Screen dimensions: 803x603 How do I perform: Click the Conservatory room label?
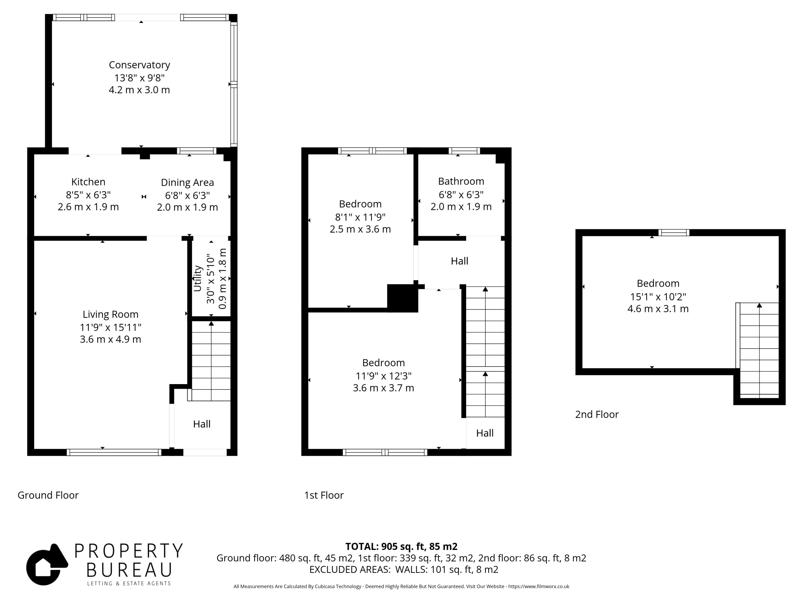click(139, 65)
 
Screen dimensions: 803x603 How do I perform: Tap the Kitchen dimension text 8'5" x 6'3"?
click(88, 195)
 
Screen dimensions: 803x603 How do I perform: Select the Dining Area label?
click(187, 182)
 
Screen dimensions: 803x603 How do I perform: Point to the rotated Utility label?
click(198, 279)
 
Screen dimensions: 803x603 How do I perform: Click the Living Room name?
click(110, 314)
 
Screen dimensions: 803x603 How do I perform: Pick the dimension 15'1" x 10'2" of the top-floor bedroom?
click(658, 296)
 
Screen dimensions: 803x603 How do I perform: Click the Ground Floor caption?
click(48, 495)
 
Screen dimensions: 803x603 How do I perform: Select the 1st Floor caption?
click(324, 495)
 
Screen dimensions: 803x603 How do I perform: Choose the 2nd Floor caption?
click(597, 414)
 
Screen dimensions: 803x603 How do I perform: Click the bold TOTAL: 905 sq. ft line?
click(401, 546)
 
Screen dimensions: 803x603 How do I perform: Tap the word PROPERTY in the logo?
click(129, 551)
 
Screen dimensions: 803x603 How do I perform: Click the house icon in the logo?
click(46, 564)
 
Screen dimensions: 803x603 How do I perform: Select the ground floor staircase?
click(211, 361)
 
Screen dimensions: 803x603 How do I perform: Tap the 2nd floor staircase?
click(759, 350)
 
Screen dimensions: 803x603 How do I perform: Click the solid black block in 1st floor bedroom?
click(402, 298)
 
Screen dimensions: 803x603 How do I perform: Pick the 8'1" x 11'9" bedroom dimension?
click(360, 217)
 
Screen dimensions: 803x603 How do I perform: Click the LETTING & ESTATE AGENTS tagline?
click(129, 584)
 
